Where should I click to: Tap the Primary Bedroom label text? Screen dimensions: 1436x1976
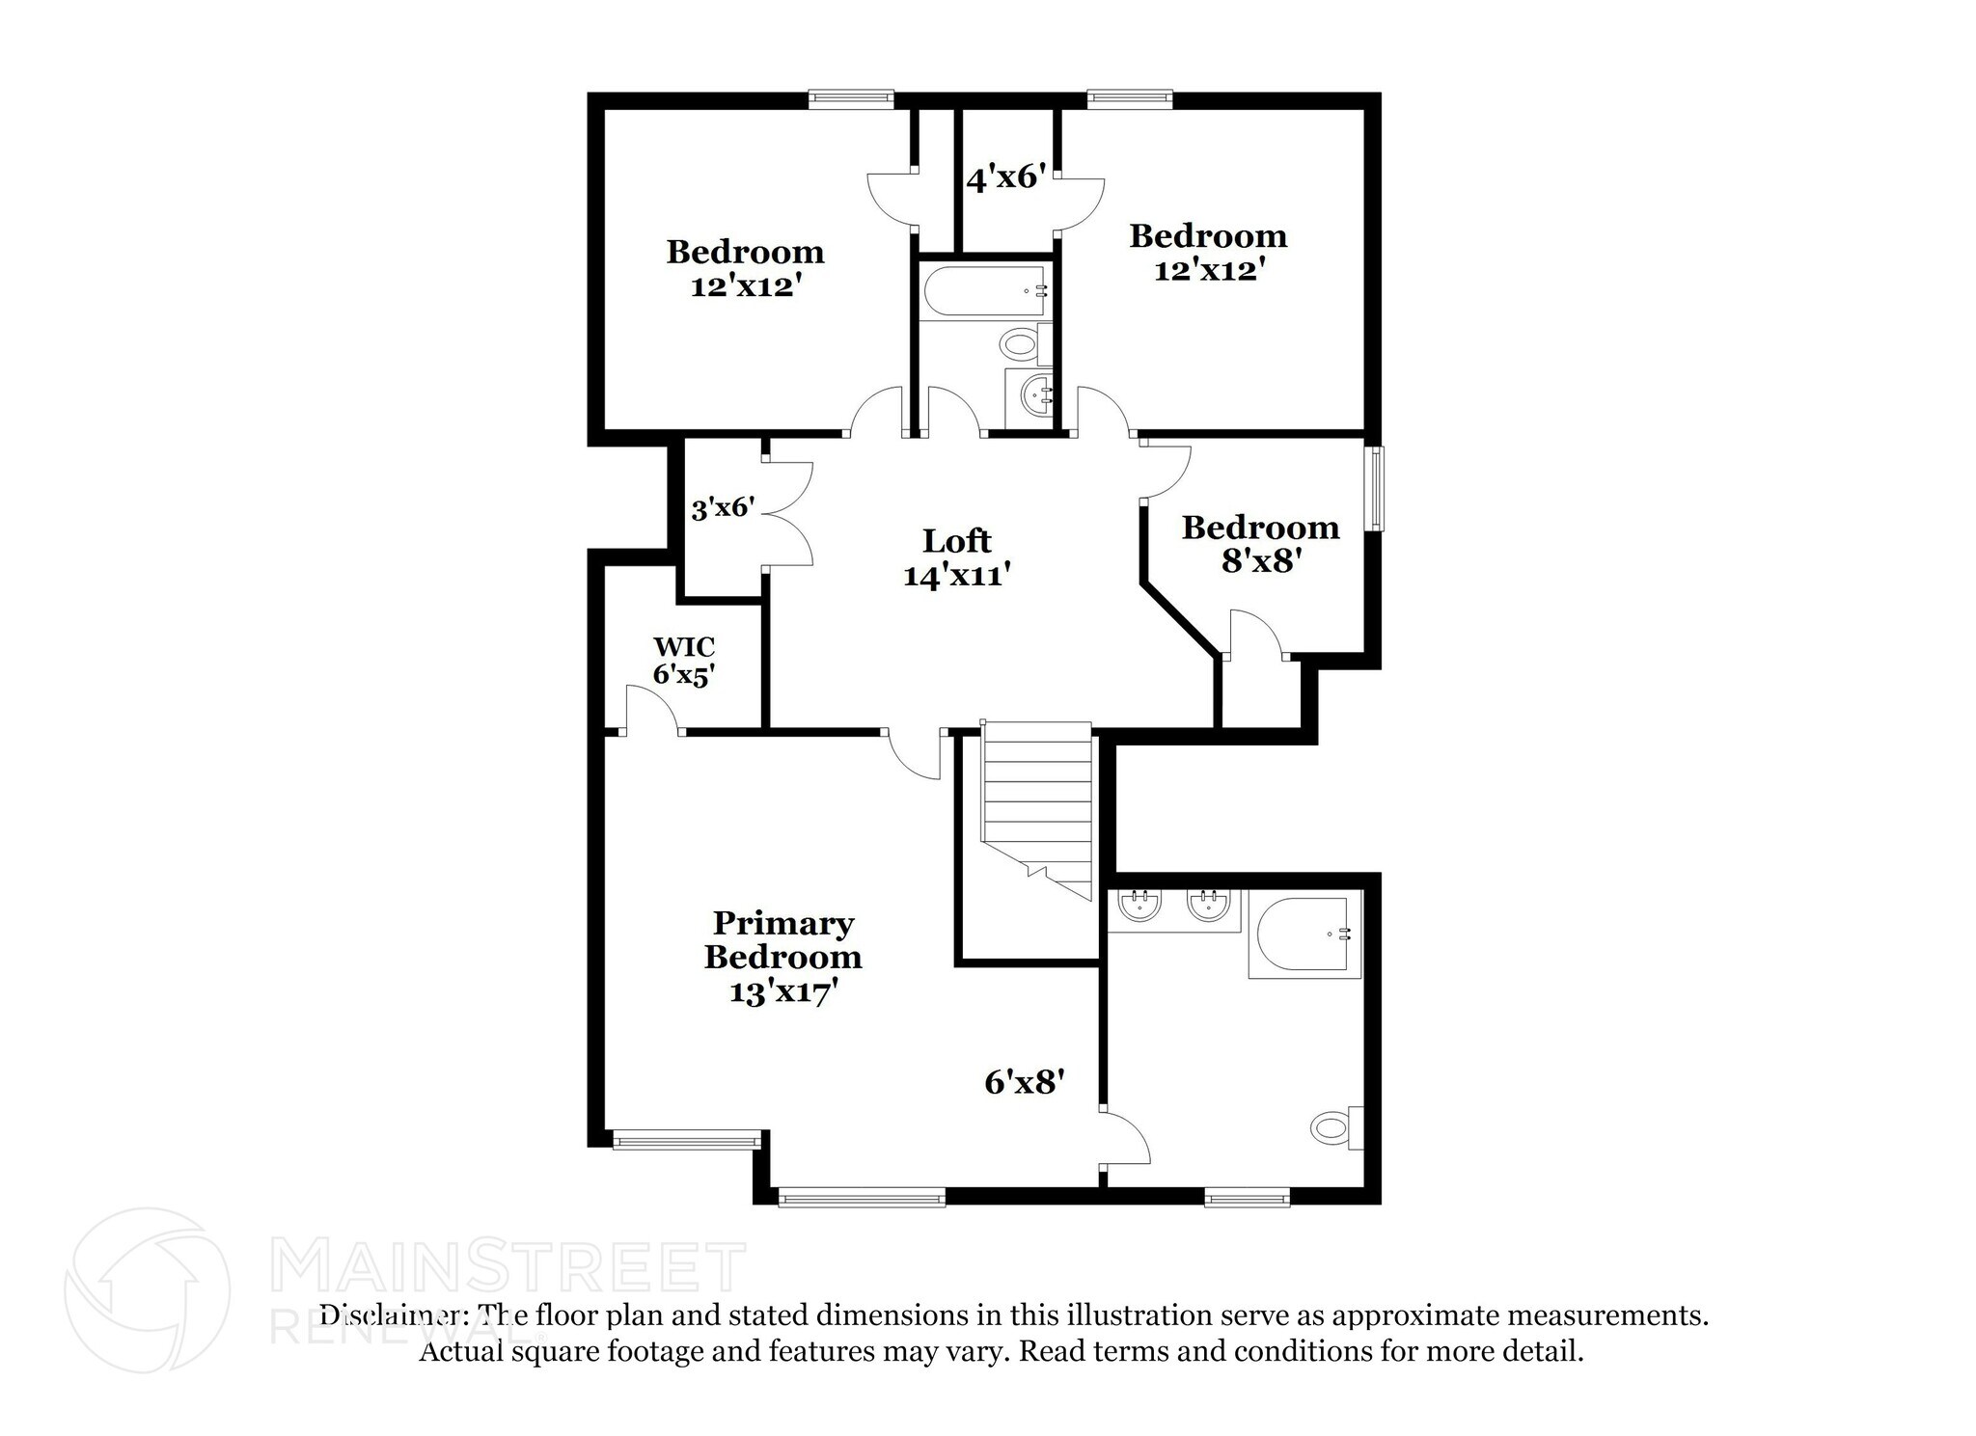point(782,940)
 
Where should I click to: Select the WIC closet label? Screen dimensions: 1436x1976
point(684,645)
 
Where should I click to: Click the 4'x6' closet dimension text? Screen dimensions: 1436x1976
point(1006,177)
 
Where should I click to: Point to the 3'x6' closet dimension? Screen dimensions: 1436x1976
point(723,508)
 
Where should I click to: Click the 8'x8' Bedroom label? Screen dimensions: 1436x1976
point(1260,543)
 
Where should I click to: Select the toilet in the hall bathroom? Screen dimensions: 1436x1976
point(1019,342)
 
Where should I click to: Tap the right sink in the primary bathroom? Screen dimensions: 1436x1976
point(1207,906)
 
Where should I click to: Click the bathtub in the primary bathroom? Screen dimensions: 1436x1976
point(1304,935)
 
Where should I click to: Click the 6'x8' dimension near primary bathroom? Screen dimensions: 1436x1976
point(1024,1082)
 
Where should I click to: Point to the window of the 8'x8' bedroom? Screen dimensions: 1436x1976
point(1376,488)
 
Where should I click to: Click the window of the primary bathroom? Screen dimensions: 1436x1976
point(1248,1198)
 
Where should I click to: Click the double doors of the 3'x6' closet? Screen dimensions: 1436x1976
point(789,512)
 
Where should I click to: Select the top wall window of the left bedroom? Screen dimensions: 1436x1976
point(851,96)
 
